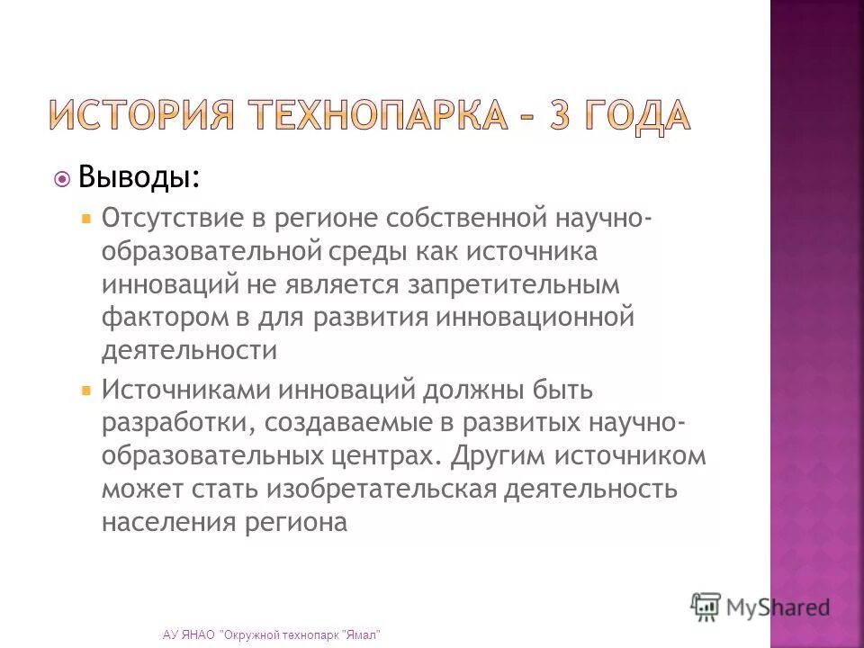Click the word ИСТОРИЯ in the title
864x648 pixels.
coord(141,115)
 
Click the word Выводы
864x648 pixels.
coord(139,177)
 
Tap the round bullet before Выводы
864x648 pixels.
coord(62,179)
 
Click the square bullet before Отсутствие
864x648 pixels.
coord(86,219)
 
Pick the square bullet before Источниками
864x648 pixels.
coord(86,391)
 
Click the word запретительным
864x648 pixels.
coord(514,285)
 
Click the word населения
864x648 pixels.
coord(168,523)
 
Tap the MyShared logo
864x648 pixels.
coord(760,606)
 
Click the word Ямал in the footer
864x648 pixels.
coord(363,635)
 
